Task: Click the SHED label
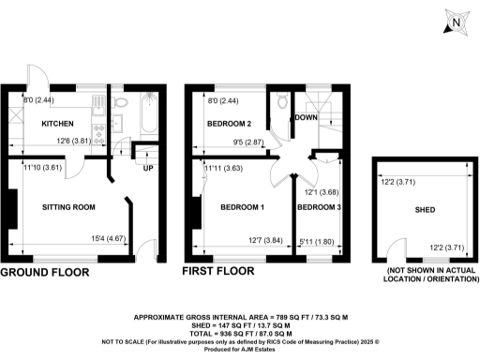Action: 426,210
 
